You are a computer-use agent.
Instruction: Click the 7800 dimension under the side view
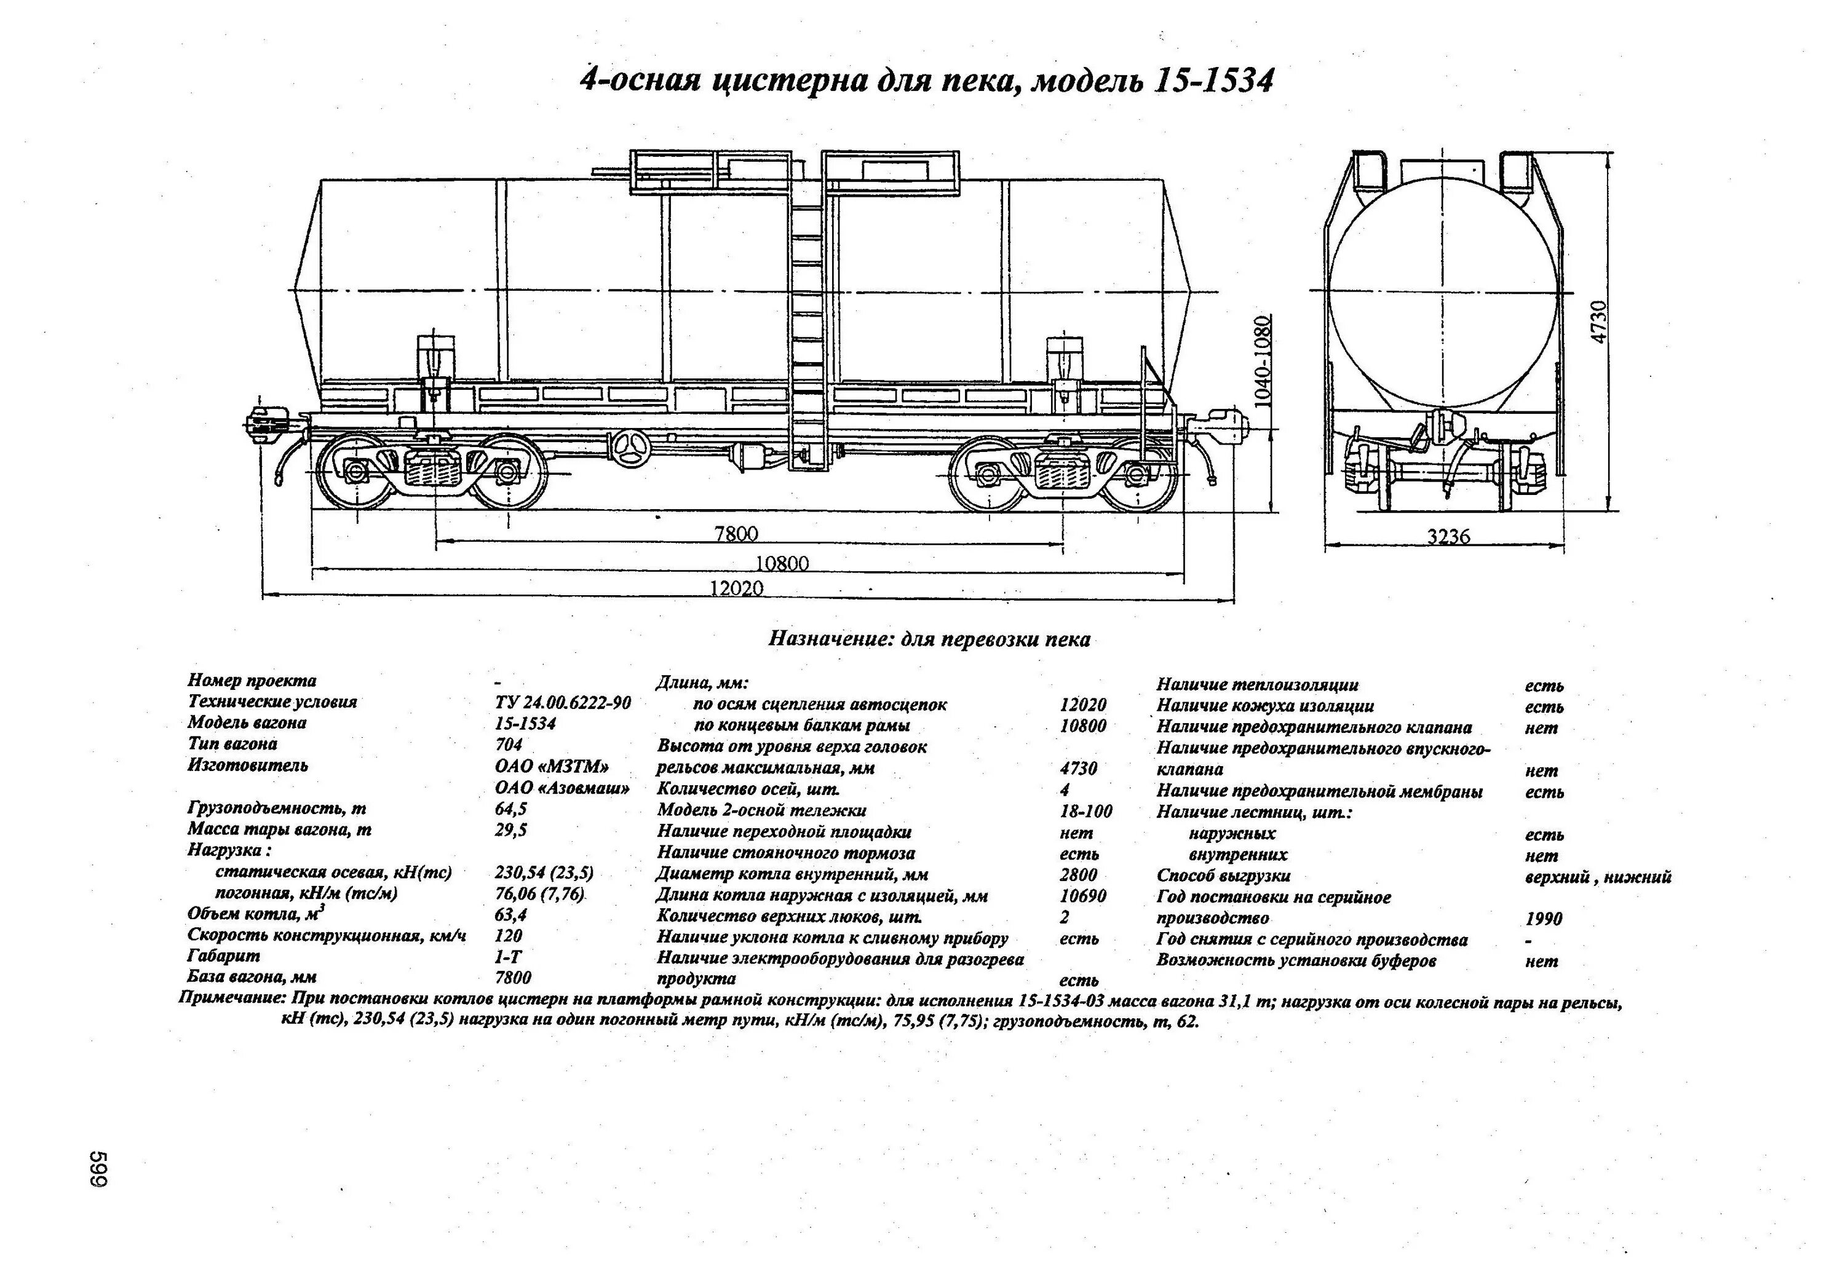pos(736,533)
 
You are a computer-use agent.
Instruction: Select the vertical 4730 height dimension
pos(1599,322)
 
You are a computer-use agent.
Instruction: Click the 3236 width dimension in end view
pos(1448,537)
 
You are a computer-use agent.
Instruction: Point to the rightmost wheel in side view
pos(1138,475)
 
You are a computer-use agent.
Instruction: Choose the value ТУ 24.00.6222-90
pos(563,702)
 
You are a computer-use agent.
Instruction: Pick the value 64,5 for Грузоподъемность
pos(510,809)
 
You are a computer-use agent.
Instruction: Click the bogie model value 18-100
pos(1086,811)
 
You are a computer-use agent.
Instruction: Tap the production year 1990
pos(1543,919)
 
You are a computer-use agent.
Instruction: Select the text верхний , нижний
pos(1597,877)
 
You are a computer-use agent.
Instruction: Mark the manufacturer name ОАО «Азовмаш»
pos(562,788)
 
